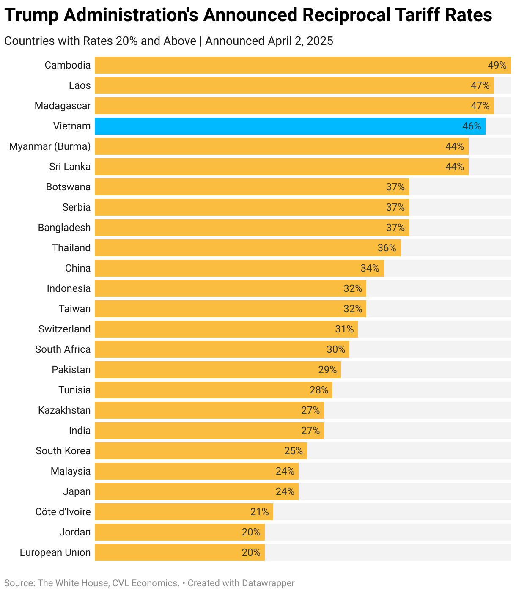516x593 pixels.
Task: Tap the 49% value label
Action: [x=497, y=65]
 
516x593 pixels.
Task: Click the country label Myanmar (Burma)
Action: [x=50, y=146]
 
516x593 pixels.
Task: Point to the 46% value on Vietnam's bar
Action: [x=472, y=126]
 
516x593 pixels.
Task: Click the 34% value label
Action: [x=370, y=268]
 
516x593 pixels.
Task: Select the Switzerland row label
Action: [x=64, y=329]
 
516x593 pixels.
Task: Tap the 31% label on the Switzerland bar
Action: [x=344, y=329]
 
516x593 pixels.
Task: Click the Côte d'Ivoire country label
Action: [x=63, y=512]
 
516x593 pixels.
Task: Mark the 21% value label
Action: [x=259, y=512]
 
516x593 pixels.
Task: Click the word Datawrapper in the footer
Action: [x=268, y=583]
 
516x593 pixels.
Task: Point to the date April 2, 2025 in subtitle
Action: [x=300, y=41]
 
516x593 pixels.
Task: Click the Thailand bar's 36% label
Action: [x=387, y=248]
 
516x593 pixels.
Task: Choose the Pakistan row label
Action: [x=71, y=370]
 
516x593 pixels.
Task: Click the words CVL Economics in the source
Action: [x=145, y=583]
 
